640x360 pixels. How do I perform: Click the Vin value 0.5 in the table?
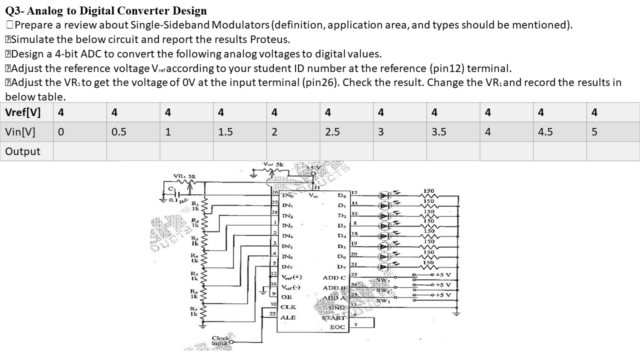point(119,132)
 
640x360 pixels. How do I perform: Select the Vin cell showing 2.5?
point(332,132)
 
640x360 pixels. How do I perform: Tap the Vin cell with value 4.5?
point(545,132)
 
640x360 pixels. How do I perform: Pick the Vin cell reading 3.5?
point(439,132)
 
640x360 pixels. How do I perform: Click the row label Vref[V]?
point(22,112)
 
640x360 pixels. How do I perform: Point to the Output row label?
point(22,151)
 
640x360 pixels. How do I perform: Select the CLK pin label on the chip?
point(288,306)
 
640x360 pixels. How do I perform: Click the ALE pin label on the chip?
point(288,317)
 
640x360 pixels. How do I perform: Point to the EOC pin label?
point(337,327)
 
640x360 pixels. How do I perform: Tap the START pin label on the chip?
point(333,317)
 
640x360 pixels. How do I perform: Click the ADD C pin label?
point(334,277)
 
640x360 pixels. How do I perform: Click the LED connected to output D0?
point(385,194)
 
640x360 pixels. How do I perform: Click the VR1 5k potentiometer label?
point(181,176)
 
